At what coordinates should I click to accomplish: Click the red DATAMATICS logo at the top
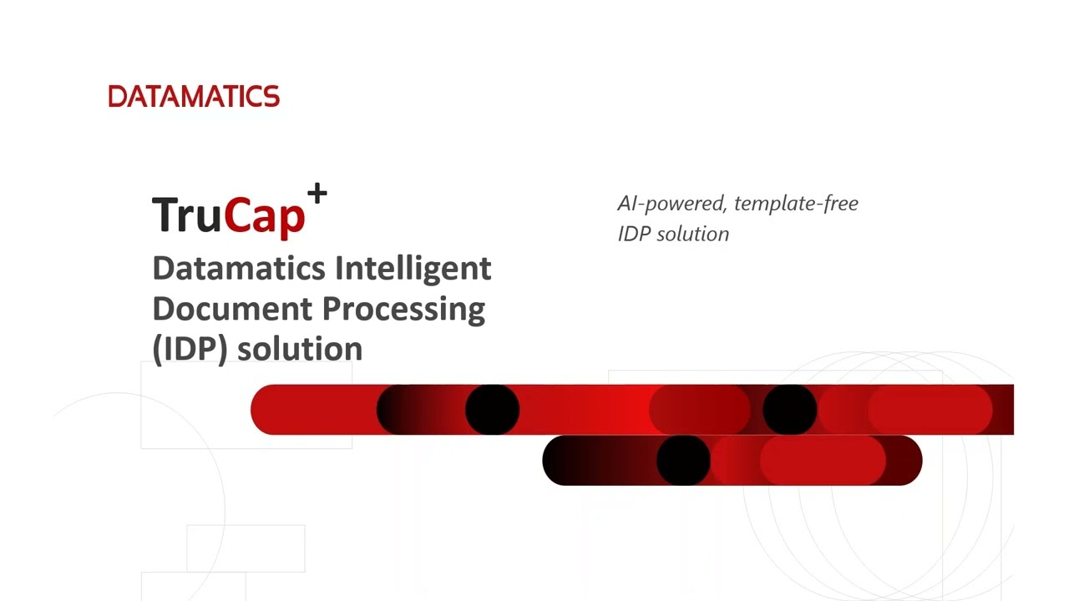[x=194, y=97]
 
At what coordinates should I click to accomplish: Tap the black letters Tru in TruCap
[x=186, y=215]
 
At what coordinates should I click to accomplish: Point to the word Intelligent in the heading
[x=413, y=269]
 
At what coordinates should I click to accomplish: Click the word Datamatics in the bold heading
[x=239, y=269]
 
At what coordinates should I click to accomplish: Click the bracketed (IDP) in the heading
[x=190, y=349]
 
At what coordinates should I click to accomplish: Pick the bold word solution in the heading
[x=299, y=349]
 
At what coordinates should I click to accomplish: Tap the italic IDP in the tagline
[x=633, y=234]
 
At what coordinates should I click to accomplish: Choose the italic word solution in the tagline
[x=692, y=234]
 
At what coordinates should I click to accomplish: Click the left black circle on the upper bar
[x=492, y=410]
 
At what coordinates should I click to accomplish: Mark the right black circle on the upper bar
[x=789, y=410]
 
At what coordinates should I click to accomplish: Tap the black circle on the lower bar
[x=683, y=460]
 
